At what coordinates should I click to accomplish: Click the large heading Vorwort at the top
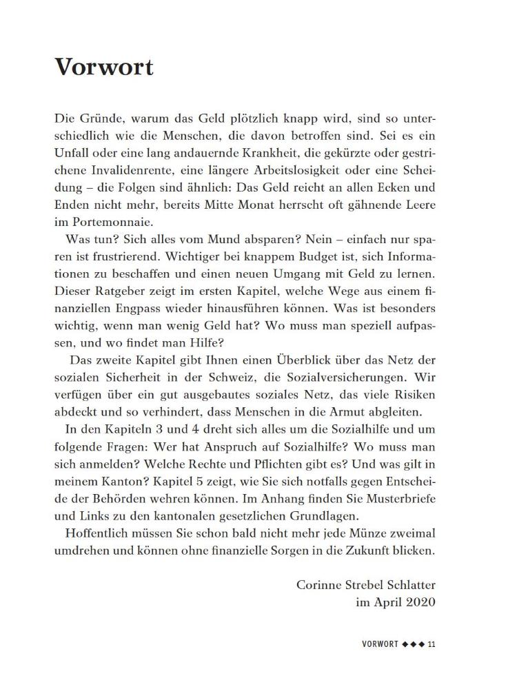click(x=104, y=67)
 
